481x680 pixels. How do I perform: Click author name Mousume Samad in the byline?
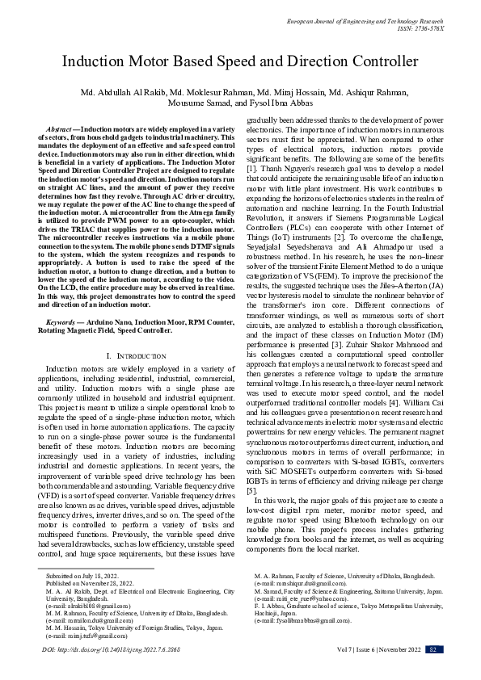pyautogui.click(x=200, y=103)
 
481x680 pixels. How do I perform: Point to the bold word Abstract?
pyautogui.click(x=61, y=129)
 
